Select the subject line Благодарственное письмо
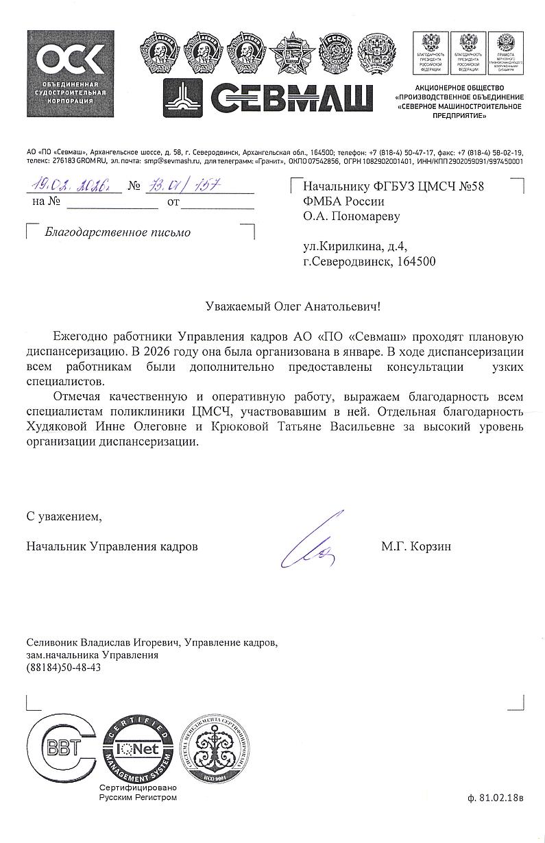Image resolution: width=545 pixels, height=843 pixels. [x=117, y=232]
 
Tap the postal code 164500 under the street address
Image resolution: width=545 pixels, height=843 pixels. [x=415, y=261]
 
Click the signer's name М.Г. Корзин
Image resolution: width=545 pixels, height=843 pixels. [x=417, y=547]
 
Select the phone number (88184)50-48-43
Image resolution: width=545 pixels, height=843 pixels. [x=63, y=667]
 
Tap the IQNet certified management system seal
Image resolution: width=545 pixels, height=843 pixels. [x=138, y=753]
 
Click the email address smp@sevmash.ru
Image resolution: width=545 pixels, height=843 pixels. [x=171, y=162]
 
